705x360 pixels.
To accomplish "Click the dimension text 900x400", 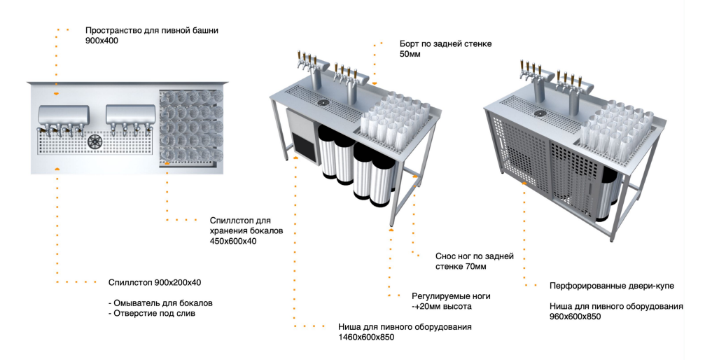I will click(x=102, y=41).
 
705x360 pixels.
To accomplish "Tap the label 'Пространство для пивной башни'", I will click(x=152, y=30).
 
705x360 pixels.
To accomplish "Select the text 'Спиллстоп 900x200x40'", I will click(x=155, y=282).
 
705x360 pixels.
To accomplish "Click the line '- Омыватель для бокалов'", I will click(x=160, y=303).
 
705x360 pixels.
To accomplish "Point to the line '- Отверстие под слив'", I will click(x=153, y=314).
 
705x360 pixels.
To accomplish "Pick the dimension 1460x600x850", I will click(x=366, y=338).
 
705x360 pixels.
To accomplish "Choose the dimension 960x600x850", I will click(x=575, y=317).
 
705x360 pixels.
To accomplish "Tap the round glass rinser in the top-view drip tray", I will click(x=95, y=141).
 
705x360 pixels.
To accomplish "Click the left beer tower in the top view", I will click(x=63, y=113).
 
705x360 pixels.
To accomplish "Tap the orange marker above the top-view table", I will click(x=57, y=92).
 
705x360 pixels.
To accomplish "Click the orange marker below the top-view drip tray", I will click(x=57, y=169).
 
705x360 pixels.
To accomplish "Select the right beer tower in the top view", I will click(x=130, y=113).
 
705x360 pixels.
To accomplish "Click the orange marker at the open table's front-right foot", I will click(x=391, y=230).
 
